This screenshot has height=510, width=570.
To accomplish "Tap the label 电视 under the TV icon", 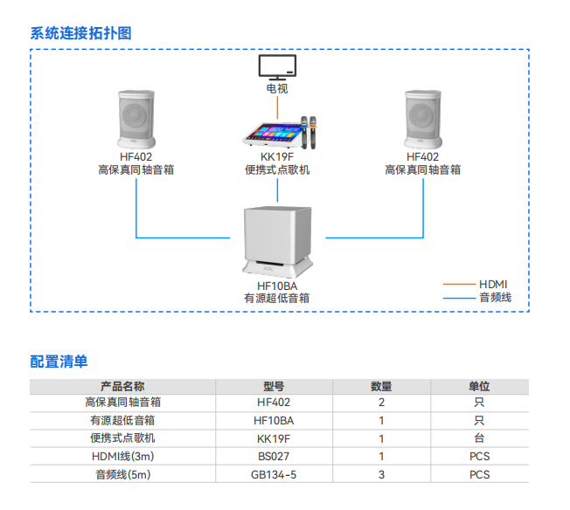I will click(x=277, y=89).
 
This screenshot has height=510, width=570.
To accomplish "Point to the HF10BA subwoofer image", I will click(x=277, y=237).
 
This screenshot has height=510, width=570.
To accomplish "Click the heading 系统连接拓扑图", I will click(x=80, y=33).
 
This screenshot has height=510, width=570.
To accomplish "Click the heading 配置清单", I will click(x=59, y=361).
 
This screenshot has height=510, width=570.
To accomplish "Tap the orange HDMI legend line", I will click(x=458, y=285).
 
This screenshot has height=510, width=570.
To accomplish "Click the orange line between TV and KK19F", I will click(x=277, y=107).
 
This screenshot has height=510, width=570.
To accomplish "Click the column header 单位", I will click(x=479, y=386).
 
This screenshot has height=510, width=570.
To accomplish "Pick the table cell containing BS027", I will click(x=274, y=456).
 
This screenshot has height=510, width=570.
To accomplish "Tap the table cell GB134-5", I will click(x=274, y=474).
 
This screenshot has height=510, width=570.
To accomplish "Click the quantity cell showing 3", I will click(x=381, y=474).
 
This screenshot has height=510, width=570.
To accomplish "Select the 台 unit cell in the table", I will click(x=479, y=438).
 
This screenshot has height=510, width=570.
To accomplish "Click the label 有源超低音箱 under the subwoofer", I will click(x=277, y=298).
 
